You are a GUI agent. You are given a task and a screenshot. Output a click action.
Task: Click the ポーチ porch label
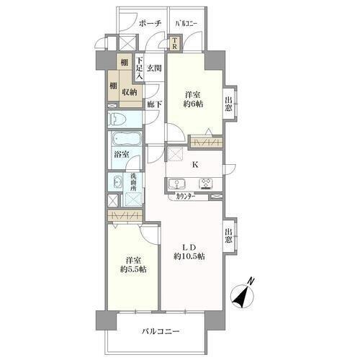click(x=150, y=23)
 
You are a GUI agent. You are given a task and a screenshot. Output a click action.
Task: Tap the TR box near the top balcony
click(x=175, y=43)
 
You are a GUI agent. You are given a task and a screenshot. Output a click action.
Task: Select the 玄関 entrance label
click(x=154, y=68)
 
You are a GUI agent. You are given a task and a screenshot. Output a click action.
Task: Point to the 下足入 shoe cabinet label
click(x=140, y=68)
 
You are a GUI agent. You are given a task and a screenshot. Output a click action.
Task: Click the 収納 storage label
click(x=130, y=92)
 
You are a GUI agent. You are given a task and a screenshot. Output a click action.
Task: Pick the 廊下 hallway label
click(x=154, y=104)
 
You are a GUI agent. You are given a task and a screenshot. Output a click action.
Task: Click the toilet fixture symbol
click(x=117, y=119)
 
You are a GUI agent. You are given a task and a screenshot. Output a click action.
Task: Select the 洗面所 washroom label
click(x=133, y=182)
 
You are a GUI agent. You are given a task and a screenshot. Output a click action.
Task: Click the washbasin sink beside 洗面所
click(x=117, y=182)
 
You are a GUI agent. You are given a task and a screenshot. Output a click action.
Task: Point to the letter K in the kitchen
click(x=195, y=165)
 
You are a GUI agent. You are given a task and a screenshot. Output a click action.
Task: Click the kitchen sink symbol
click(x=176, y=184)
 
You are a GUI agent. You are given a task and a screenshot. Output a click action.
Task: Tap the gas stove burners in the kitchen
click(x=206, y=184)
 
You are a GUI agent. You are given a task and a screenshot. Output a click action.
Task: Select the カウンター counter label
click(x=186, y=197)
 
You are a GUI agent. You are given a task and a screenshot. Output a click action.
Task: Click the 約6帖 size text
click(x=194, y=104)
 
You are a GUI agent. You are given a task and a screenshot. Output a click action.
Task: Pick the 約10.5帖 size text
click(x=189, y=256)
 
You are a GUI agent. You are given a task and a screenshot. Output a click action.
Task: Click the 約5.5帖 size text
click(x=133, y=269)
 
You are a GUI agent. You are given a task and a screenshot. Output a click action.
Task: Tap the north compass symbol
click(x=242, y=294)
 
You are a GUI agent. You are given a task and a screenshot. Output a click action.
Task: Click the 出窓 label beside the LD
click(x=228, y=235)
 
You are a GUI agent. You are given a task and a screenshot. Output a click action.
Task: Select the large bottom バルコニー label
click(x=161, y=332)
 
